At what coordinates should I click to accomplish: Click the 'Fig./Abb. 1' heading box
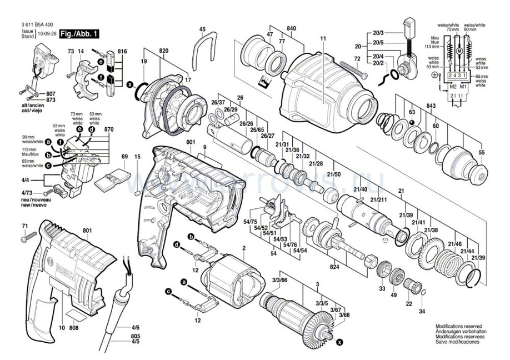80,34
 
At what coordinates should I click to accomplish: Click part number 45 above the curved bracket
202,29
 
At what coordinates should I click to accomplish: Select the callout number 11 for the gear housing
322,38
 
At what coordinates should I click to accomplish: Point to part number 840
291,29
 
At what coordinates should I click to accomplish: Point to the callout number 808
74,327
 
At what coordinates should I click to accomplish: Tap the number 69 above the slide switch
124,158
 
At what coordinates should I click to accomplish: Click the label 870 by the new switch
108,129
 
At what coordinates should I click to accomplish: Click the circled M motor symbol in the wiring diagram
459,51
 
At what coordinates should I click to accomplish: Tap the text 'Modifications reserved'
459,327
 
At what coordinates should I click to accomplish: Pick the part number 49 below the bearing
393,294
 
